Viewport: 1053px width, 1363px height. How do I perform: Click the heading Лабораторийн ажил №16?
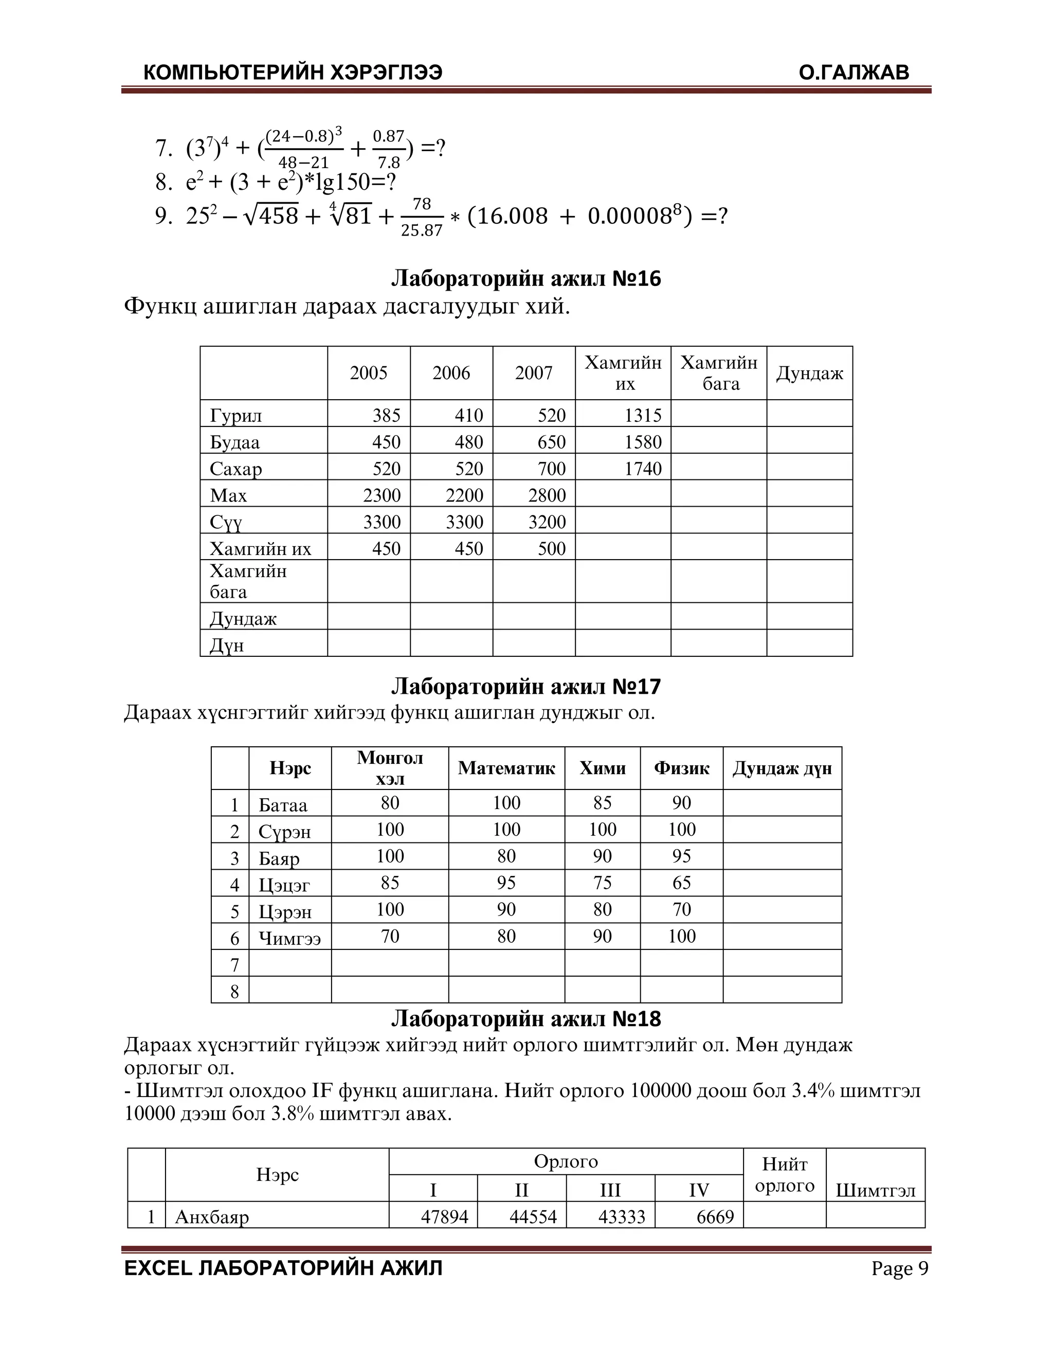pos(526,278)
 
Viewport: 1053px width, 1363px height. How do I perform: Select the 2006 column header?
pos(451,373)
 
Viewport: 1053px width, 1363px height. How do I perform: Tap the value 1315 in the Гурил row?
pos(643,415)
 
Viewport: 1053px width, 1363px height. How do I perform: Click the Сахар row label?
pos(236,468)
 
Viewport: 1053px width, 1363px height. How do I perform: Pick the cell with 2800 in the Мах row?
pos(547,495)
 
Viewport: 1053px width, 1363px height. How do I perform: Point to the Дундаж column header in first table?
pos(809,373)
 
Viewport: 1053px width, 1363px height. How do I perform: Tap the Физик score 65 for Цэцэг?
pos(681,883)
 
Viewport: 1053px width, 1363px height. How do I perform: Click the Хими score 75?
pos(602,883)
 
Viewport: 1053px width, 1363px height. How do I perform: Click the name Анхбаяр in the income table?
pos(212,1216)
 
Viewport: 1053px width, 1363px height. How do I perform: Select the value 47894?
pos(444,1216)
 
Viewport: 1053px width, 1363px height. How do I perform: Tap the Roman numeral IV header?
pos(699,1190)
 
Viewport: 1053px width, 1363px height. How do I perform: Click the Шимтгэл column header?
pos(875,1190)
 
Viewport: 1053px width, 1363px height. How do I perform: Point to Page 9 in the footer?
pos(900,1269)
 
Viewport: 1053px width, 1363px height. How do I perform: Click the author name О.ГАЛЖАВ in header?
pos(854,73)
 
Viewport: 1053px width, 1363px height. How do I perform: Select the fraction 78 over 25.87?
pos(422,217)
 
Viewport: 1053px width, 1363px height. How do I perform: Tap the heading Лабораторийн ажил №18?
pos(526,1019)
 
